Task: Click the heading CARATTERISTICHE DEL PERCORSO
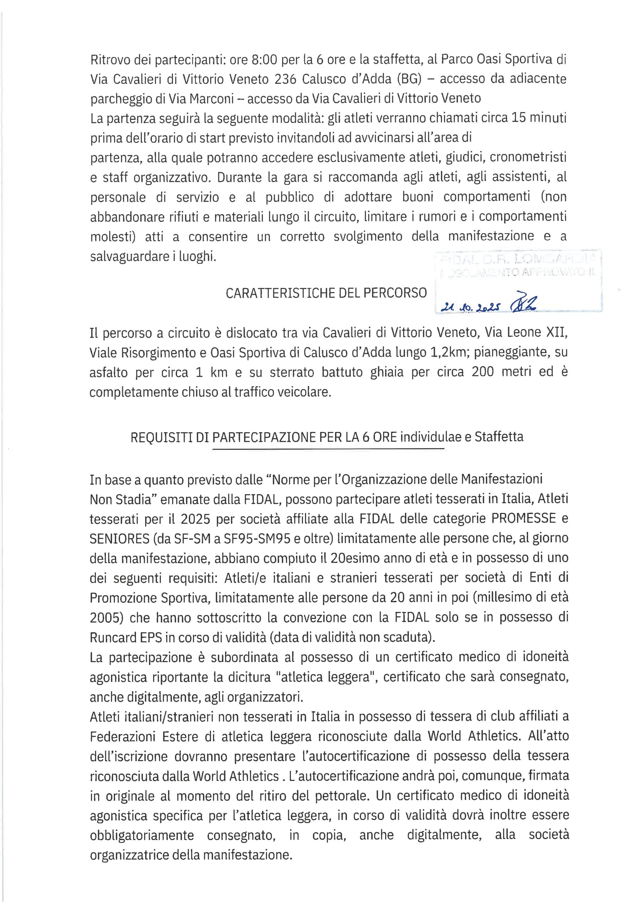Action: point(326,293)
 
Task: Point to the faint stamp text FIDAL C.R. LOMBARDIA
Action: point(518,259)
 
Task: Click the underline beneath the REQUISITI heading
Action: point(328,449)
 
